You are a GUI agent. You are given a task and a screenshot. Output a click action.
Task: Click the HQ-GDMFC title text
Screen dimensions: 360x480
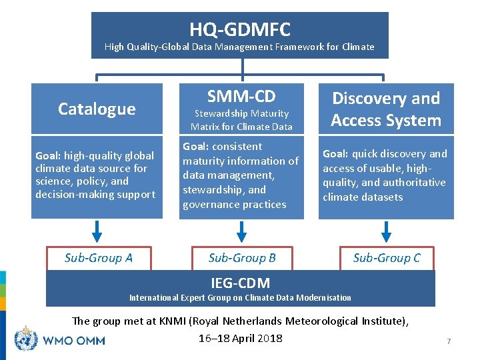(240, 29)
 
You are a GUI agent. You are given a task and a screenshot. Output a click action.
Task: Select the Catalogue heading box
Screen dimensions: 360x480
(97, 109)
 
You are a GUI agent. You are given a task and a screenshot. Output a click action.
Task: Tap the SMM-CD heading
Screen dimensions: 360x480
(241, 96)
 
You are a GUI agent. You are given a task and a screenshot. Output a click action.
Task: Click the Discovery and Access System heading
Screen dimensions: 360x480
(386, 109)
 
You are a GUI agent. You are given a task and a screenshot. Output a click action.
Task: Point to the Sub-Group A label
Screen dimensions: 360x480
(98, 258)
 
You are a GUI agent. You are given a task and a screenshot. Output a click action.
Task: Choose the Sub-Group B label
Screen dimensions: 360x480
(242, 258)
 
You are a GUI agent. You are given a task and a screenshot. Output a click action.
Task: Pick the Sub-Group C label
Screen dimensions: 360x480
(387, 258)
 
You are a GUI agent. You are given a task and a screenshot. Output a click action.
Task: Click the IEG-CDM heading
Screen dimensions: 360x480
(240, 283)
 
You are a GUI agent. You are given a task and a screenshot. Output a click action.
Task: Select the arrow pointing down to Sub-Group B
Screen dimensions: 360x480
(242, 230)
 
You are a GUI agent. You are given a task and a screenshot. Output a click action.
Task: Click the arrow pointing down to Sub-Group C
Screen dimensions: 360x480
(386, 230)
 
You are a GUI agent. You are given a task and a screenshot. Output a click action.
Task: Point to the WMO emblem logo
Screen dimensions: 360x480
(26, 339)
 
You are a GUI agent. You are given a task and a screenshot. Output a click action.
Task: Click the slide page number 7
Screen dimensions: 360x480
(449, 341)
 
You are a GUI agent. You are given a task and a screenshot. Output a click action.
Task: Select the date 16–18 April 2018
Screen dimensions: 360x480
(241, 338)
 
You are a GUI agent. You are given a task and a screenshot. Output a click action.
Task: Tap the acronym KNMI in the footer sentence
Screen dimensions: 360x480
(173, 321)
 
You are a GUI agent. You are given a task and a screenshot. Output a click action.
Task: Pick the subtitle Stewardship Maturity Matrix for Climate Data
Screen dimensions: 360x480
(241, 120)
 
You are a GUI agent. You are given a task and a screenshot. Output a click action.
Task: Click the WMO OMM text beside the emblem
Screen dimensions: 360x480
(73, 340)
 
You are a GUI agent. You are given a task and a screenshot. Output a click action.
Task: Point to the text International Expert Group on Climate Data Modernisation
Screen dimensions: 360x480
(240, 297)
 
